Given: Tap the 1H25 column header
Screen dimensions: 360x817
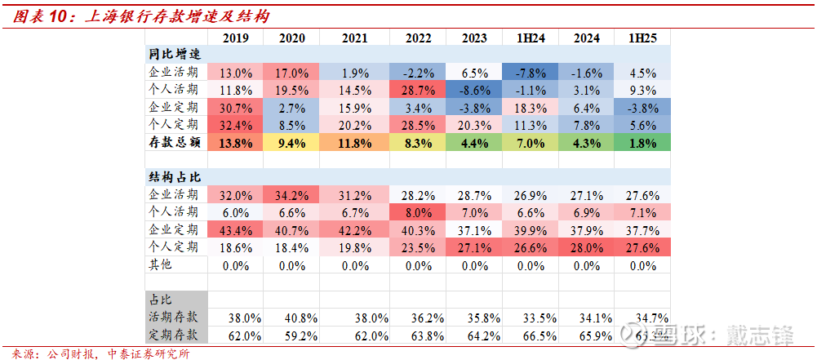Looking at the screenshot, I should [x=642, y=38].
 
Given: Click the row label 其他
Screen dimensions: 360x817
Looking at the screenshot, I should [x=162, y=265].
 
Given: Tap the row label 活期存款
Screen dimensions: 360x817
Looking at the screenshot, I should [x=174, y=317].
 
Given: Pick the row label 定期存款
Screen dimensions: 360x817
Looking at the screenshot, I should [x=174, y=335].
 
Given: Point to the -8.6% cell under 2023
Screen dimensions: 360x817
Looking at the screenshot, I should [x=474, y=89].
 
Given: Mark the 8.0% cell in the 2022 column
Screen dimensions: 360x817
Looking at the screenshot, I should [x=418, y=212].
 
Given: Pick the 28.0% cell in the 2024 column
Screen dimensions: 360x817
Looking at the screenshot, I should [x=586, y=247].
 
